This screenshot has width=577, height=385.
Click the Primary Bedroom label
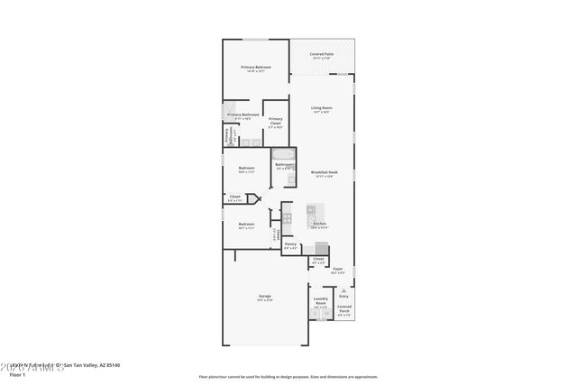pos(256,68)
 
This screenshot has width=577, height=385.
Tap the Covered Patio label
pos(324,55)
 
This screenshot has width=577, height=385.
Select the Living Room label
pos(320,110)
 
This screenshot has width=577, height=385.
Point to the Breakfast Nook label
pos(324,172)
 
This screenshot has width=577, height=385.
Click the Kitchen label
pos(319,225)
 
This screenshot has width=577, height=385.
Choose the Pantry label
pos(290,244)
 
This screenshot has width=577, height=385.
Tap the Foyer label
pos(337,269)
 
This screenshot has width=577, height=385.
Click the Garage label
pos(265,296)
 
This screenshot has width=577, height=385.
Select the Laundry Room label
pos(320,301)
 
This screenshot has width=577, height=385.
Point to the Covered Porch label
pos(344,307)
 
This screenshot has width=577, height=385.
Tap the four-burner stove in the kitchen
pos(287,217)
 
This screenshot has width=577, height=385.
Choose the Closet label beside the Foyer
pos(317,260)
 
